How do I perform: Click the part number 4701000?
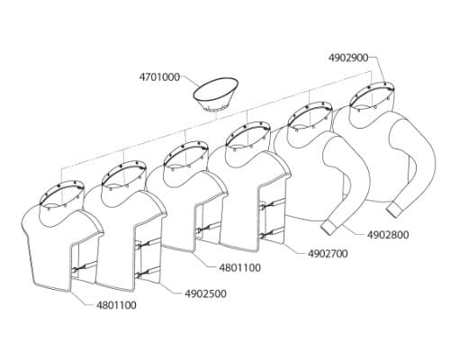(159, 77)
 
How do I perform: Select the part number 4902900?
(348, 58)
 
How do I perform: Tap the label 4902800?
(388, 235)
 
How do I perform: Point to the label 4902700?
(328, 254)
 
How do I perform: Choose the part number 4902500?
(205, 293)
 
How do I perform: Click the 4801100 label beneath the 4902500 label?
(116, 305)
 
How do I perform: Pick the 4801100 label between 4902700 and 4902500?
(240, 267)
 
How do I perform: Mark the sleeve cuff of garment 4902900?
(396, 210)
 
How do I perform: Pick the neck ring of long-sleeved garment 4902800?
(310, 115)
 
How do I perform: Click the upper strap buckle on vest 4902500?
(138, 246)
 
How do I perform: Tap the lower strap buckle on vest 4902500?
(138, 274)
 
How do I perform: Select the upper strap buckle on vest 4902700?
(263, 207)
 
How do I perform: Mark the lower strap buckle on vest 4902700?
(263, 236)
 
